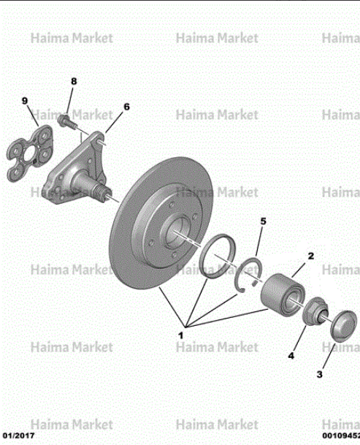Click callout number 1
(x=180, y=335)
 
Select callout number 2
(x=311, y=256)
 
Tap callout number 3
(x=319, y=374)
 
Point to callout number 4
(x=291, y=356)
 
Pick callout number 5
(x=264, y=221)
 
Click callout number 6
(x=126, y=107)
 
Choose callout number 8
(x=74, y=81)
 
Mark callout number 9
(x=25, y=101)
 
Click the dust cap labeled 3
(x=343, y=326)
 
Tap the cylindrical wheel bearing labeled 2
(x=283, y=294)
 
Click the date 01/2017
(x=18, y=436)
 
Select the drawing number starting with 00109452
(x=341, y=436)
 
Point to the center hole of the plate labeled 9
(x=29, y=154)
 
